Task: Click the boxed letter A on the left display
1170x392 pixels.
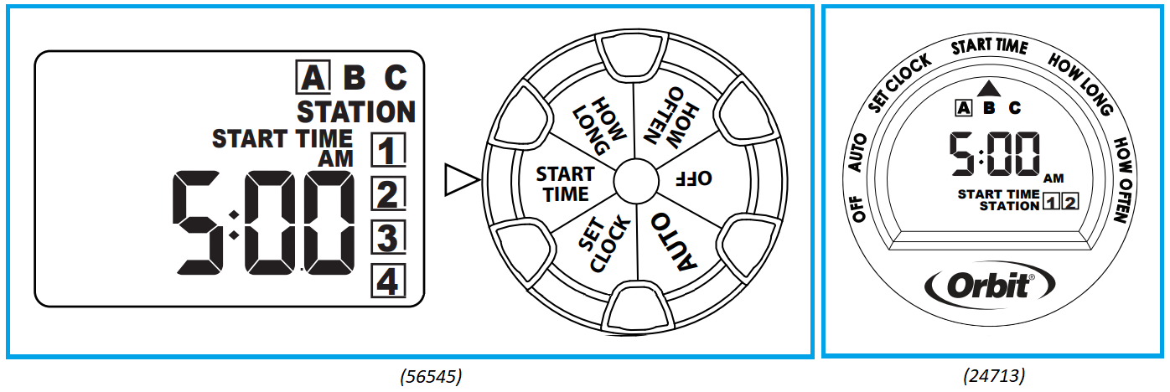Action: click(x=312, y=78)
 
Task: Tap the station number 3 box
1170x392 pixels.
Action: click(x=387, y=239)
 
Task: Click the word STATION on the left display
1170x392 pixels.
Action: click(x=356, y=111)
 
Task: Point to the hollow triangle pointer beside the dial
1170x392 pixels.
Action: click(x=460, y=178)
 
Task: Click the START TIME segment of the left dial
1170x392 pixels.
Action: click(x=565, y=183)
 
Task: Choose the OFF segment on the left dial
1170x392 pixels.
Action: click(x=693, y=178)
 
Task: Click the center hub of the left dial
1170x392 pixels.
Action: click(x=634, y=179)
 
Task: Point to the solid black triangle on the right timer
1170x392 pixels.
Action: click(x=990, y=86)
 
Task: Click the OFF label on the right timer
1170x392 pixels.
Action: click(x=858, y=209)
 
